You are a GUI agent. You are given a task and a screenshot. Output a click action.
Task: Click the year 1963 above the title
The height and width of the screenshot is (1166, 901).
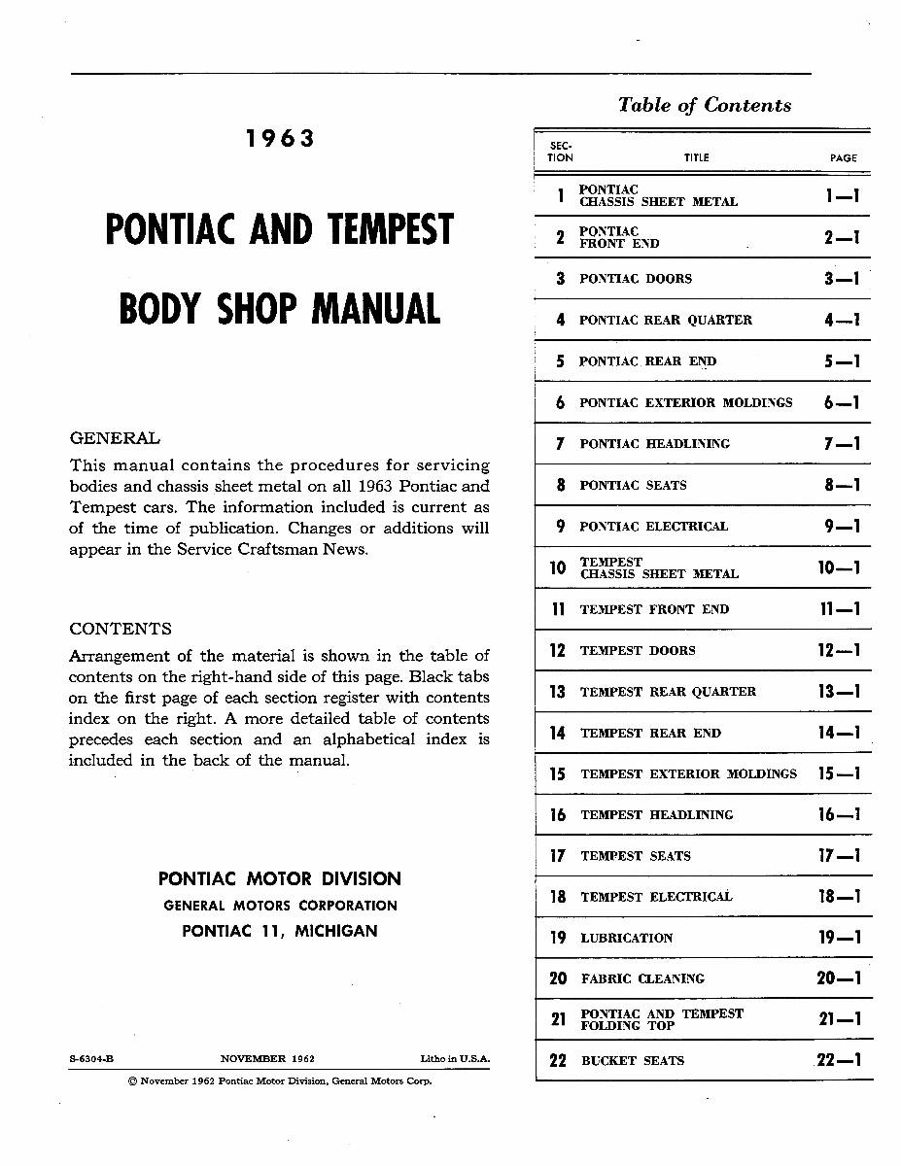[280, 139]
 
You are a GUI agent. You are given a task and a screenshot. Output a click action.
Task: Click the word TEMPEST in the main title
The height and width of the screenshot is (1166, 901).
[391, 231]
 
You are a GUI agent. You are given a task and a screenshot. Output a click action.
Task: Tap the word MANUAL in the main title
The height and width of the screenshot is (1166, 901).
[375, 309]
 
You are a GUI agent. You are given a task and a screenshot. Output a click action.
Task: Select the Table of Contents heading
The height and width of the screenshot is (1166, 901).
[705, 105]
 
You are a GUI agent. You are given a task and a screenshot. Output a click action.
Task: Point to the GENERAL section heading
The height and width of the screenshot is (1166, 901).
[115, 438]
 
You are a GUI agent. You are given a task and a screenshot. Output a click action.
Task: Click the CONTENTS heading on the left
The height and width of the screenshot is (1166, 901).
[121, 629]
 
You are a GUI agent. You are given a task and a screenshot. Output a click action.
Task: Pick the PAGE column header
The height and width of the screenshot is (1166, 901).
[843, 157]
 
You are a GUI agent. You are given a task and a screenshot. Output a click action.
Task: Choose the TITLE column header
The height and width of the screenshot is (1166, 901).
[696, 157]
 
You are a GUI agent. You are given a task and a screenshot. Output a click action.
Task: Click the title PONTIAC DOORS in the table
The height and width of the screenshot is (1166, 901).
[636, 279]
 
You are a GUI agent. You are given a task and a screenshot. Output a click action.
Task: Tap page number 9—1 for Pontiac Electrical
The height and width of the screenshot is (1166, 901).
[841, 527]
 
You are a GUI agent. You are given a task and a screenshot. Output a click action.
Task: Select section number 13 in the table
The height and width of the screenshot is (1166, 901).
[557, 692]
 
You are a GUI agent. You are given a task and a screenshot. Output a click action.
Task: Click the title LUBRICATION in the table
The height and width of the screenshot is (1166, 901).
[626, 939]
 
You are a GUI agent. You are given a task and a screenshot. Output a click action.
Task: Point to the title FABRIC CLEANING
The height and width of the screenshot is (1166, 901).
[642, 979]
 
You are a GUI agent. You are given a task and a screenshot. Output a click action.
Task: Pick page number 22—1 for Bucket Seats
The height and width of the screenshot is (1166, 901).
[839, 1061]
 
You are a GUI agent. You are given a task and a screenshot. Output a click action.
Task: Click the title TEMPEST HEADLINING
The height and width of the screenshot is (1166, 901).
[656, 815]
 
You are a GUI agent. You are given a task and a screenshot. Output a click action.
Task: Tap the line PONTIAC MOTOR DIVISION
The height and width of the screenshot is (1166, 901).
[280, 879]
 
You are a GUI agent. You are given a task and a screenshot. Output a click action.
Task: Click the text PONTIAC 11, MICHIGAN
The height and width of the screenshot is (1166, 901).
[280, 931]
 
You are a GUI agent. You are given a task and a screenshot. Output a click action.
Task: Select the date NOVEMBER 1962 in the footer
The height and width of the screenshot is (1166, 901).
[267, 1059]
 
